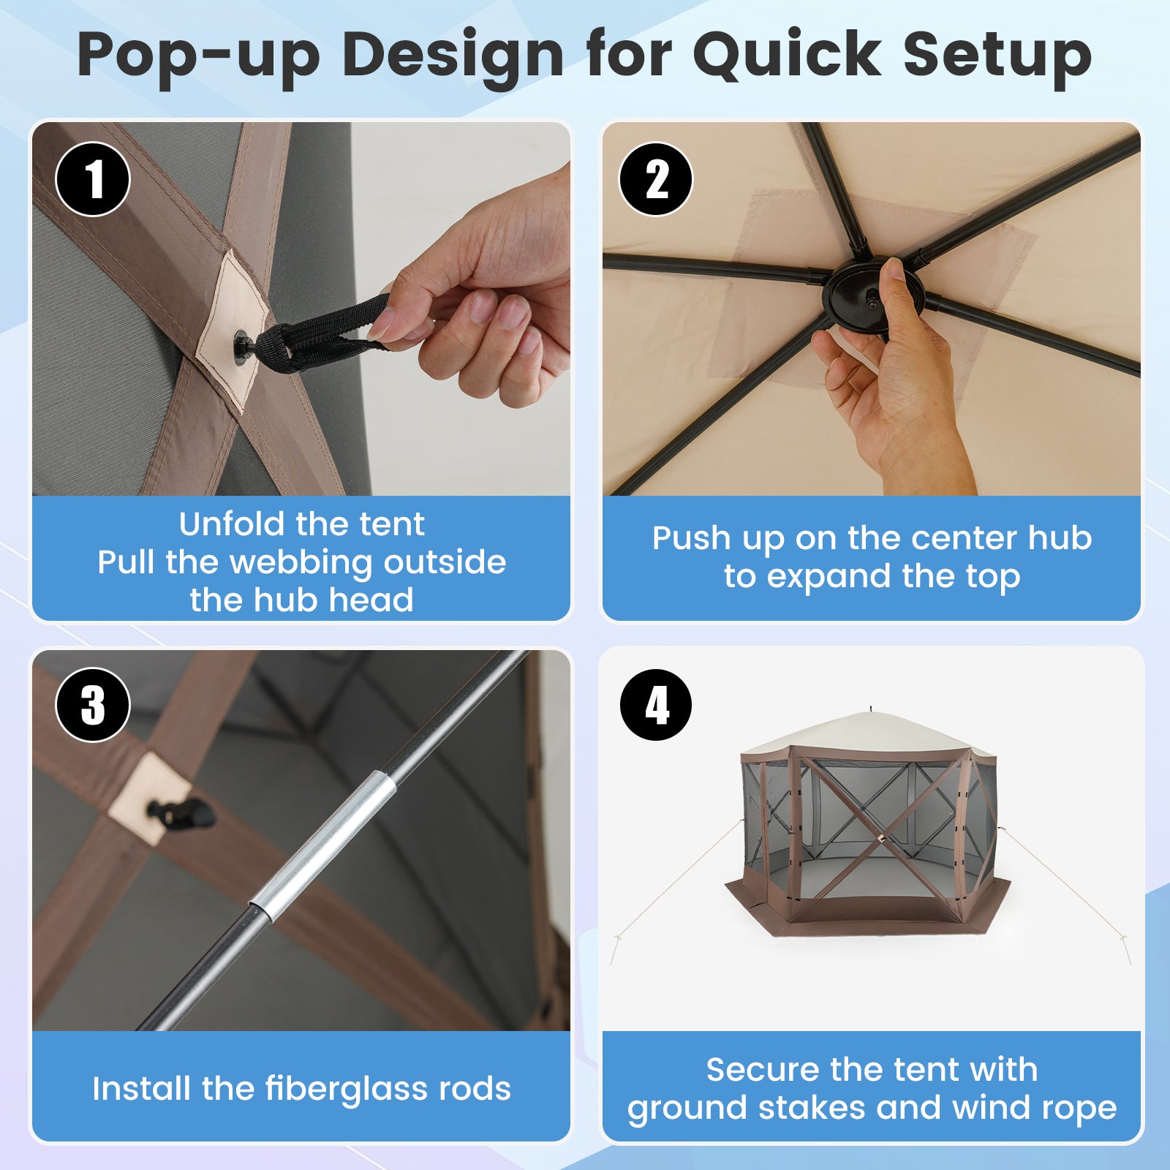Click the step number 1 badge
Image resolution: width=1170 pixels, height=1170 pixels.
tap(93, 179)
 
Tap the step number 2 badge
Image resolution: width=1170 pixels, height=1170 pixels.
tap(656, 179)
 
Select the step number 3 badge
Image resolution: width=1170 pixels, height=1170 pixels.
tap(93, 705)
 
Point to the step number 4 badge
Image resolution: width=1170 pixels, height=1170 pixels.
tap(656, 705)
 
